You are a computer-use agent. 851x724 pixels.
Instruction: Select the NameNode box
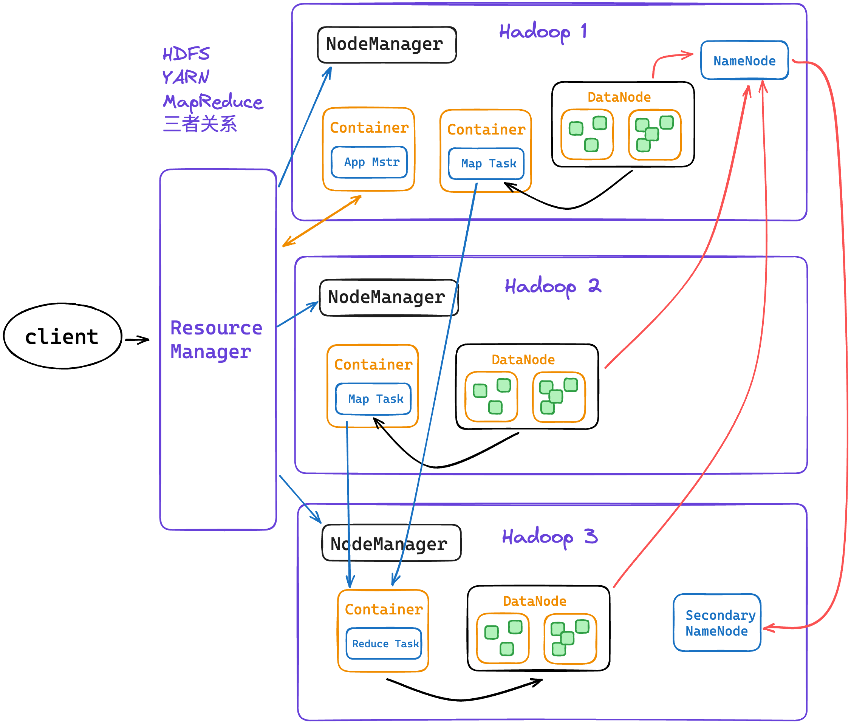(744, 60)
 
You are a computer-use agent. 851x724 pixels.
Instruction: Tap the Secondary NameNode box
(717, 622)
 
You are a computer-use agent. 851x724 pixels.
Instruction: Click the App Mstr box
(369, 162)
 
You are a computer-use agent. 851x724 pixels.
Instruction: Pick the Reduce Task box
(384, 643)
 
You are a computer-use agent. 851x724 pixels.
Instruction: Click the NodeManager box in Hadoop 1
(387, 45)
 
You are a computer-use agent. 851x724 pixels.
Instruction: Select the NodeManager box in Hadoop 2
(389, 297)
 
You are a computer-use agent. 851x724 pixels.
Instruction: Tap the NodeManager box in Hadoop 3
(391, 543)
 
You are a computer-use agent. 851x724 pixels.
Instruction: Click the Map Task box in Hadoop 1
(486, 164)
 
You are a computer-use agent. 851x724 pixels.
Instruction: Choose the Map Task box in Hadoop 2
(373, 399)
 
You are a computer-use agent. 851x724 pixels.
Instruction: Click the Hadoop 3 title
(550, 537)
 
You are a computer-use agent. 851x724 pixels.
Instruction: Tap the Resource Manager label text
(216, 339)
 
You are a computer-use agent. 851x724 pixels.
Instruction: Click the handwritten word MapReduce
(213, 102)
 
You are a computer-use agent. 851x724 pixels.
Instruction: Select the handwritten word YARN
(186, 77)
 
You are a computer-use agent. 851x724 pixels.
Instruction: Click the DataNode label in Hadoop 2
(523, 359)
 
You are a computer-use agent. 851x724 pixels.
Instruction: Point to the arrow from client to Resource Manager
(137, 339)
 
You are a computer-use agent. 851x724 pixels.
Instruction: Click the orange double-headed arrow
(322, 221)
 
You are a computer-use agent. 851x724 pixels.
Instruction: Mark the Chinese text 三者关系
(200, 124)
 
